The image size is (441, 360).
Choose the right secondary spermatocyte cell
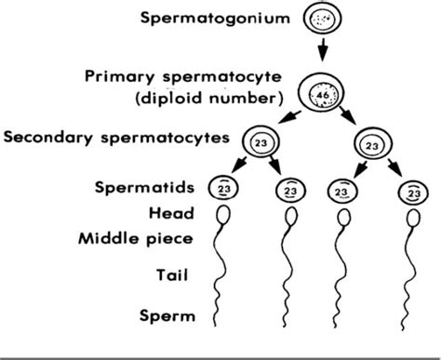click(370, 145)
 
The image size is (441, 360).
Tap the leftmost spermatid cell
click(222, 188)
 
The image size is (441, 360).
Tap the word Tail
click(177, 275)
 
